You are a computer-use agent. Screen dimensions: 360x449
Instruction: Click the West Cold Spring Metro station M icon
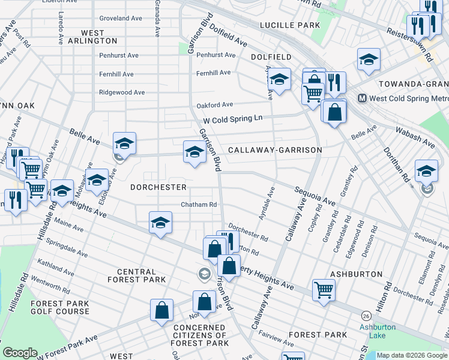363,98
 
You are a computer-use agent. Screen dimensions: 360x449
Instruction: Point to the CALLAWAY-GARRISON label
274,150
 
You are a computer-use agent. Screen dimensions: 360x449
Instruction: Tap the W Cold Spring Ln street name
234,119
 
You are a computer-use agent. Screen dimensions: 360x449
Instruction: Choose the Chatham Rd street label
199,205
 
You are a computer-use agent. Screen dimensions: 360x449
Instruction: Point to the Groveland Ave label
123,19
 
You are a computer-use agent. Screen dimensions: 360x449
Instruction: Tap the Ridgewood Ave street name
122,92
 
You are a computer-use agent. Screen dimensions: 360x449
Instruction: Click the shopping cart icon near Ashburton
324,290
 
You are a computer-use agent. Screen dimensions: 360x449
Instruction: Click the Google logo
20,353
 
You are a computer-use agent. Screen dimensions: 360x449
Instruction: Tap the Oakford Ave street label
214,106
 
